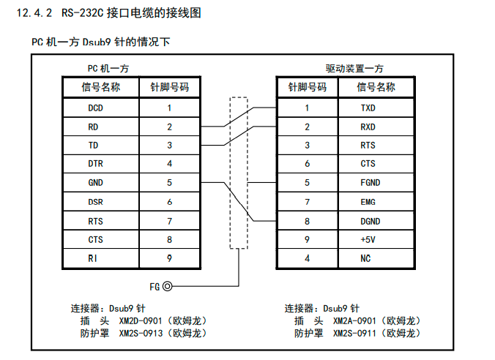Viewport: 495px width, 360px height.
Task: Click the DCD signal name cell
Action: [95, 108]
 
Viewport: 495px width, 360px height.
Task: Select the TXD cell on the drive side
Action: [368, 108]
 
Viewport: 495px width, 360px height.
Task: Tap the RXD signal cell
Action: [368, 127]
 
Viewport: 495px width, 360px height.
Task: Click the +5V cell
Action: [368, 239]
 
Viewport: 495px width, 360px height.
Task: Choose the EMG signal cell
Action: [368, 201]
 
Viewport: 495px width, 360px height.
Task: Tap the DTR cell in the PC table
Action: [95, 164]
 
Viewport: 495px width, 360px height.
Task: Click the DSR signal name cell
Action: [95, 201]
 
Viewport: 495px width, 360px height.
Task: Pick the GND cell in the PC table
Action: [95, 183]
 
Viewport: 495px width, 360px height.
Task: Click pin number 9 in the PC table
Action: [169, 258]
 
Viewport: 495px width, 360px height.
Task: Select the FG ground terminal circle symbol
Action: [168, 286]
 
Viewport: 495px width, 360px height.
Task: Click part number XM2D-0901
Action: [142, 320]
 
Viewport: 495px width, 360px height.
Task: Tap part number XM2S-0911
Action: [357, 333]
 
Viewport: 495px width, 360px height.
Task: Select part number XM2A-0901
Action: [357, 320]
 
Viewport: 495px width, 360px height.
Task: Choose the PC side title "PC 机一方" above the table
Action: [108, 69]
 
